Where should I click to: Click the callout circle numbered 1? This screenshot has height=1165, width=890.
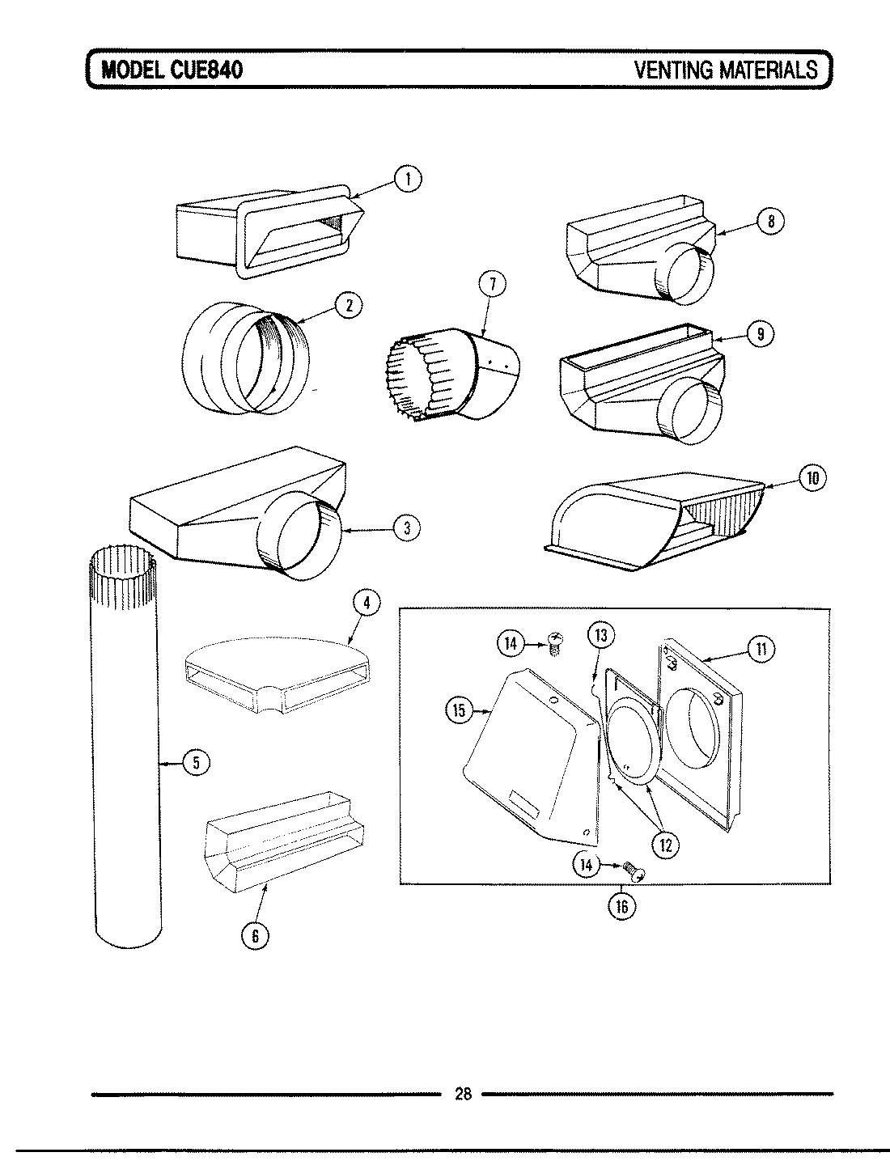pyautogui.click(x=409, y=179)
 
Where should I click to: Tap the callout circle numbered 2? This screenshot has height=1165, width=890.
pyautogui.click(x=348, y=305)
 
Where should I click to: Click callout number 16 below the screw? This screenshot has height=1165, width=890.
pyautogui.click(x=621, y=906)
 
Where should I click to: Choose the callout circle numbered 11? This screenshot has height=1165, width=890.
pyautogui.click(x=761, y=648)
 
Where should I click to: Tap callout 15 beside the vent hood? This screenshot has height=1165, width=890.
pyautogui.click(x=459, y=710)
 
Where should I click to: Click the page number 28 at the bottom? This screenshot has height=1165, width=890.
pyautogui.click(x=463, y=1095)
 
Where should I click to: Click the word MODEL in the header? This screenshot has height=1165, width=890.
pyautogui.click(x=133, y=70)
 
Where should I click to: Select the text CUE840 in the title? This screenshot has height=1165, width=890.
pyautogui.click(x=207, y=70)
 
